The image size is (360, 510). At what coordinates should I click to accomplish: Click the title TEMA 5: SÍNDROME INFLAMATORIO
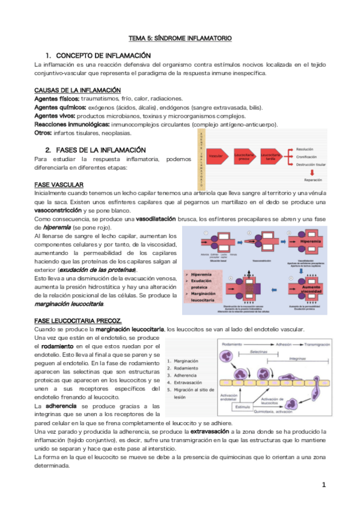tap(180, 38)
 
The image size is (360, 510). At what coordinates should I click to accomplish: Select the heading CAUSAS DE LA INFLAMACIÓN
tap(78, 90)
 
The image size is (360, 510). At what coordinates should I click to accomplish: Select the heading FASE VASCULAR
tap(59, 183)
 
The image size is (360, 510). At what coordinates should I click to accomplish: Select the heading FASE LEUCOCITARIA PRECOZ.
tap(78, 321)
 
